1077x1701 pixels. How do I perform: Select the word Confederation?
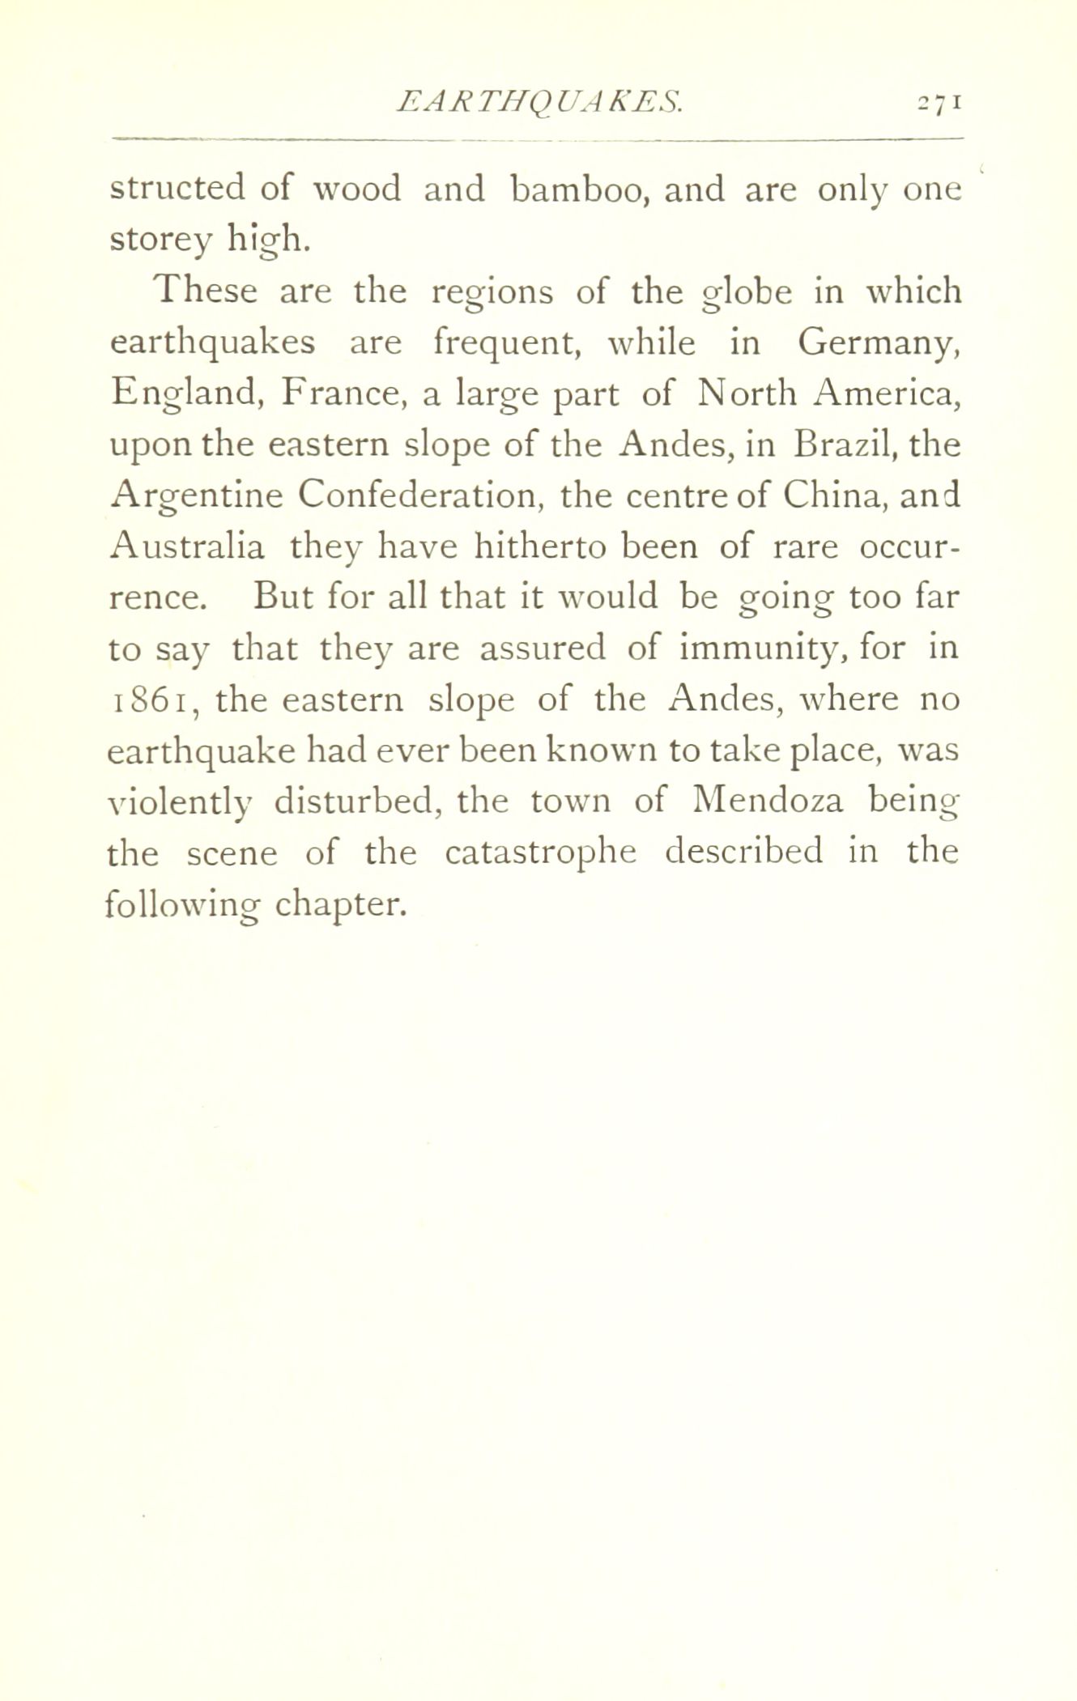[x=418, y=495]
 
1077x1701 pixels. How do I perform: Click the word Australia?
[x=186, y=546]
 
